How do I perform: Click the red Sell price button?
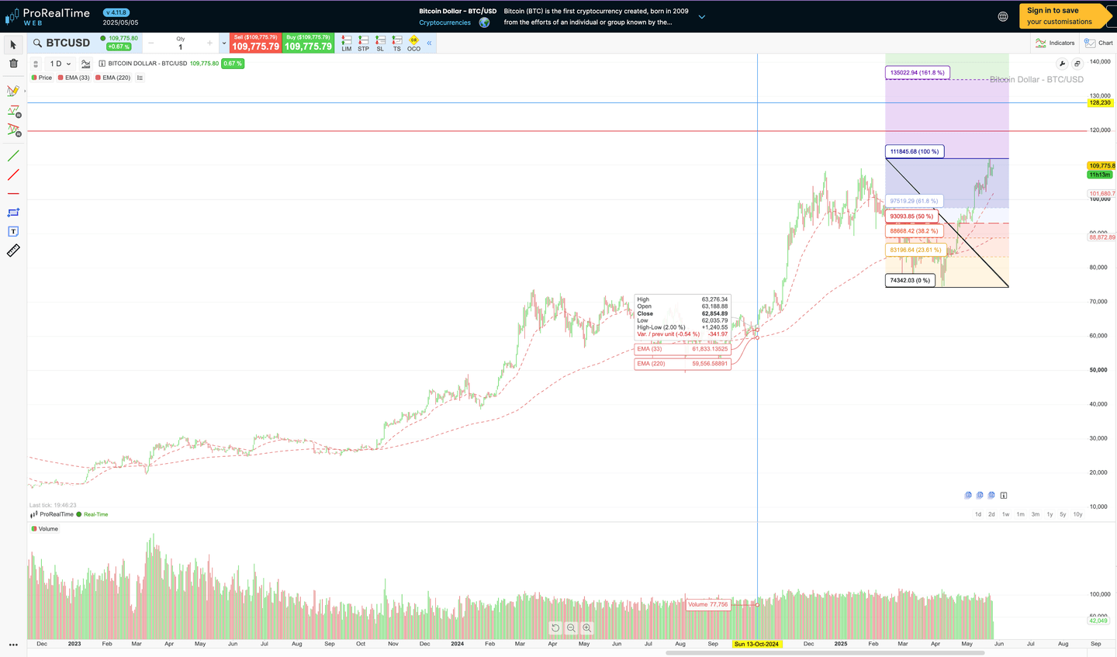tap(255, 43)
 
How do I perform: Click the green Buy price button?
tap(308, 43)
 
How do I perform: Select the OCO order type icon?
tap(413, 43)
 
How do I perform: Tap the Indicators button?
tap(1056, 43)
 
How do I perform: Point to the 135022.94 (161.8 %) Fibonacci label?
tap(917, 73)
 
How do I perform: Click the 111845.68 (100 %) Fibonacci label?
tap(915, 152)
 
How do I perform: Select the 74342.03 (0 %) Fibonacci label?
tap(910, 281)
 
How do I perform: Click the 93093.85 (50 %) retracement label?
tap(911, 216)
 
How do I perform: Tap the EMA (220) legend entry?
tap(116, 78)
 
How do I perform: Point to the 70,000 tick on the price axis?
tap(1098, 302)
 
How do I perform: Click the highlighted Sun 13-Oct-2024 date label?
tap(756, 645)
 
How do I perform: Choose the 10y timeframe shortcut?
tap(1077, 514)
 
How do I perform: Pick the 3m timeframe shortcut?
tap(1035, 514)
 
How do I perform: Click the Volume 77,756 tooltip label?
tap(707, 604)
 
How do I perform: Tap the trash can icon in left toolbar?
tap(13, 64)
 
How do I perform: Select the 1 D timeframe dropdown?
tap(60, 64)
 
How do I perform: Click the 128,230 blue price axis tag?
tap(1100, 102)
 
